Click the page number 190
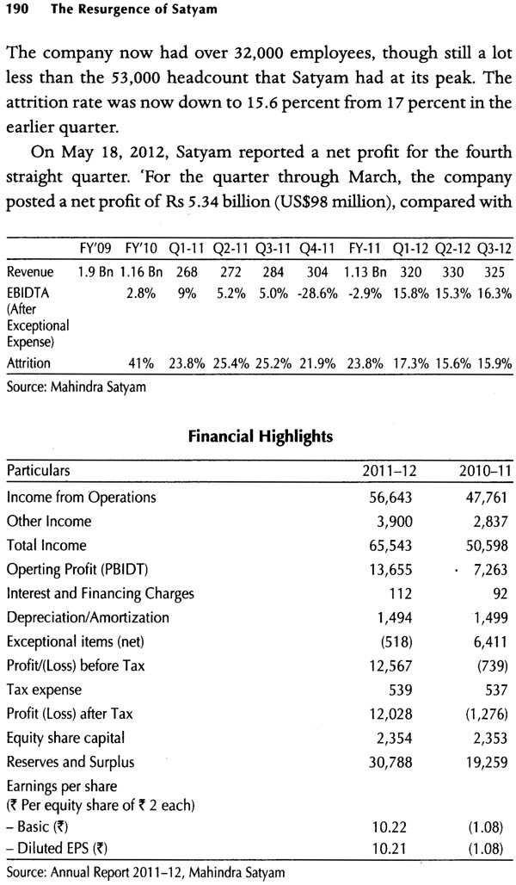tap(16, 9)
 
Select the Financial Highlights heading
tap(260, 436)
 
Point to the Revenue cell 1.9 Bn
tap(95, 272)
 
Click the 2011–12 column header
tap(392, 470)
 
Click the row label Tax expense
tap(44, 690)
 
